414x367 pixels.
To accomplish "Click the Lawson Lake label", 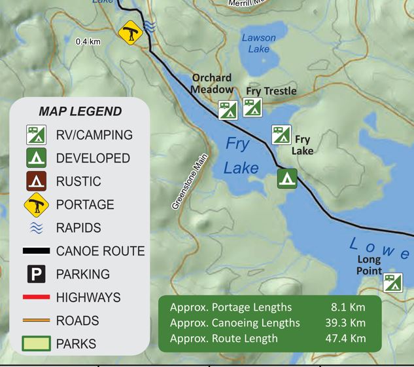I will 258,43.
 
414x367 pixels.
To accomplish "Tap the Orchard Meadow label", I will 212,83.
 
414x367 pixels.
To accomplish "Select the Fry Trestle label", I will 271,91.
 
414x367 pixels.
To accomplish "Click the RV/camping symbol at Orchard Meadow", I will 228,110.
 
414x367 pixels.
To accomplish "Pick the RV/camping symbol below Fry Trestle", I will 252,107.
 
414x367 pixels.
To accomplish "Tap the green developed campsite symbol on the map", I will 287,178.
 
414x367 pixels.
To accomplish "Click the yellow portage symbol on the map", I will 131,33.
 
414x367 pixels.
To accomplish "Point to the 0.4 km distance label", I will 88,41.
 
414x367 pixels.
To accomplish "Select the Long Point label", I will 369,265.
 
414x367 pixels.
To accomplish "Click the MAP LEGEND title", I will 80,111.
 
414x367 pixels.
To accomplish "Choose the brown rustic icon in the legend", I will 36,182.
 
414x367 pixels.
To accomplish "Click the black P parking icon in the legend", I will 36,274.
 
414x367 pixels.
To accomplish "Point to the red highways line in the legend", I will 36,298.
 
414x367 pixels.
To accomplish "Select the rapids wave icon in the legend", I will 36,228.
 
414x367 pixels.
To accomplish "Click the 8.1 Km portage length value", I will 348,307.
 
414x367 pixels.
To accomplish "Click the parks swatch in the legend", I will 36,343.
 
